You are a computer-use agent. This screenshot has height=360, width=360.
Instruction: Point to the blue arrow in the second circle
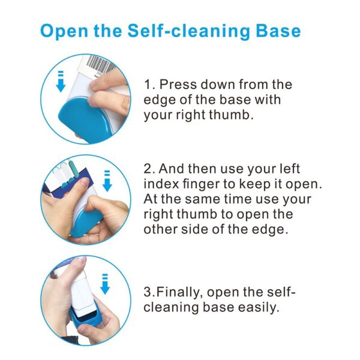point(107,179)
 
